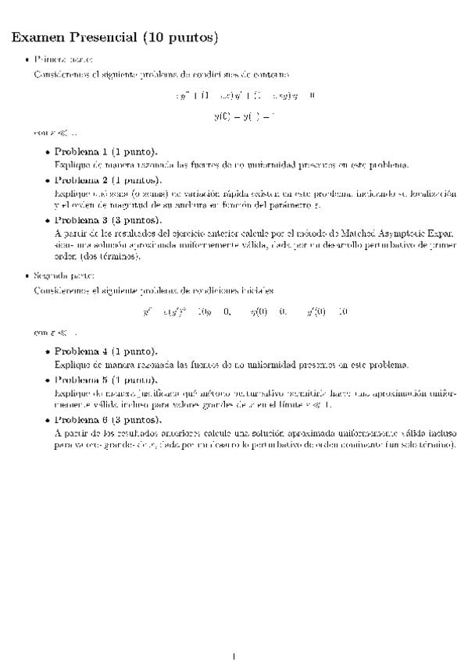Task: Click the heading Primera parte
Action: [63, 59]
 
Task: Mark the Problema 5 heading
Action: [108, 380]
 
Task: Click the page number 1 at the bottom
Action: [234, 632]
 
